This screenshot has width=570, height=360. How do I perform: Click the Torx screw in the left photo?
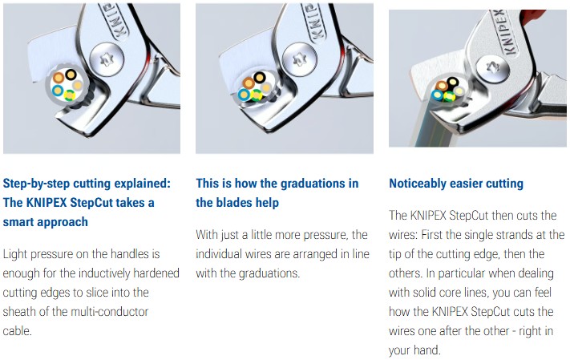(x=107, y=59)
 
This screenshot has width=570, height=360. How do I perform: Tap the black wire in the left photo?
(x=71, y=75)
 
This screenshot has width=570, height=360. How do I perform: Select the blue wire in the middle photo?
(x=244, y=95)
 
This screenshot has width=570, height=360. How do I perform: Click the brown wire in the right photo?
(x=442, y=86)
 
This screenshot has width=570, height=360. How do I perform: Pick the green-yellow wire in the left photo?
(x=70, y=95)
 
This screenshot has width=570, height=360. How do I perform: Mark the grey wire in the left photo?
(x=78, y=86)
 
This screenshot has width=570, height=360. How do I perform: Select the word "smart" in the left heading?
(x=18, y=222)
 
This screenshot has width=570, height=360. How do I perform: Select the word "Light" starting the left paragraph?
(x=14, y=254)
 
